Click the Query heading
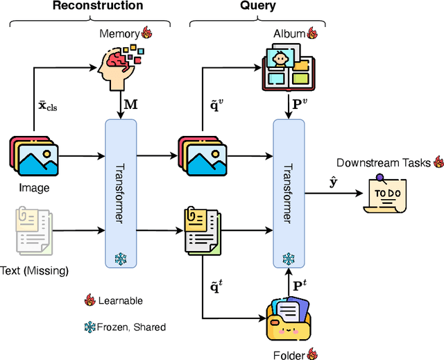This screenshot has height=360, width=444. click(x=257, y=6)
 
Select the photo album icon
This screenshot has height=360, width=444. click(x=287, y=68)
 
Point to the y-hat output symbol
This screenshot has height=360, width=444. click(x=333, y=182)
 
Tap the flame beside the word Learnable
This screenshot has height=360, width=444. click(x=88, y=300)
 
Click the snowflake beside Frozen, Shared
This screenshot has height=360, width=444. click(x=88, y=325)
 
